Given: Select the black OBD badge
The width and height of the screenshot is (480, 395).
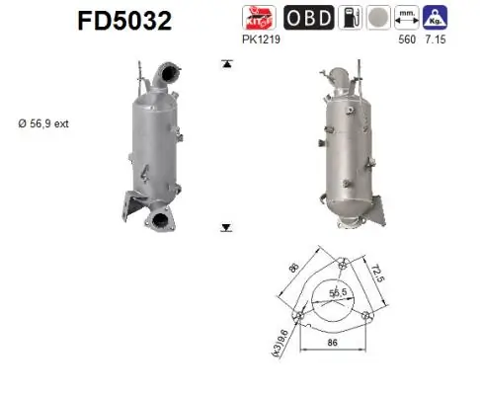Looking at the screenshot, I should click(308, 18).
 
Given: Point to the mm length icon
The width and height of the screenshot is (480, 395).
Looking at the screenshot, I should click(405, 18).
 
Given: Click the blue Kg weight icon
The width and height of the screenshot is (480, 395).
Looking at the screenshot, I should click(435, 18).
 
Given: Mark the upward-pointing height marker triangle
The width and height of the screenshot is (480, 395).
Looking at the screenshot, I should click(226, 64).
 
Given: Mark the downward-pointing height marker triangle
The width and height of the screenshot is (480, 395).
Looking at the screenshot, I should click(226, 227).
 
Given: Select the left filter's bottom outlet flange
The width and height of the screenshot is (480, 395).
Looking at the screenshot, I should click(158, 218).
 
